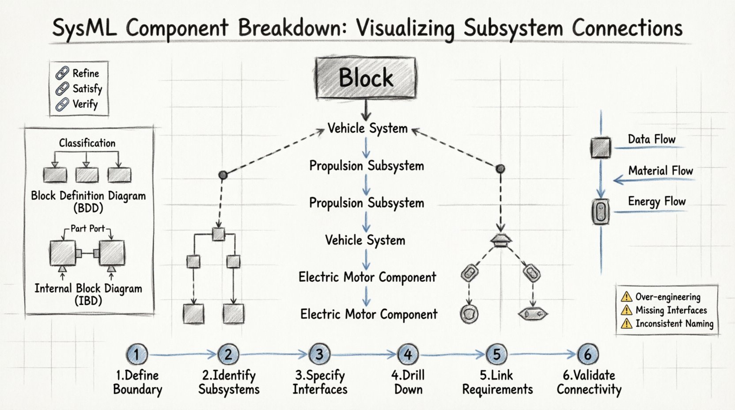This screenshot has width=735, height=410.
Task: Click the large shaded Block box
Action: tap(365, 78)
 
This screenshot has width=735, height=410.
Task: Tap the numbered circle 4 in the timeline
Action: tap(408, 354)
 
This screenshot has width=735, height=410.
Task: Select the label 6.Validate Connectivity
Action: tap(589, 382)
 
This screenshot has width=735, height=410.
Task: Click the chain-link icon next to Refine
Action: tap(62, 73)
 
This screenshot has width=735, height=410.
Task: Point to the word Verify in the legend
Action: tap(85, 104)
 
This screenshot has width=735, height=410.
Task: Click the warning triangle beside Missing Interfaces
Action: tap(626, 310)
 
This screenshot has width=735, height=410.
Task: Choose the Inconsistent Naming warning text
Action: tap(674, 323)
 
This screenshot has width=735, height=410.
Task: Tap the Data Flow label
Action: tap(652, 139)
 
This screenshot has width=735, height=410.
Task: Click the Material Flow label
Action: tap(660, 171)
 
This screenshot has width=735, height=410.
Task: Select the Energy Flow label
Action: tap(656, 201)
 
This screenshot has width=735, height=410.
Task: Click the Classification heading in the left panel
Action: tap(87, 143)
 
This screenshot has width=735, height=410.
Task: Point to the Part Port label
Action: tap(87, 228)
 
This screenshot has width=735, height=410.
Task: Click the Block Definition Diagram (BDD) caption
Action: tap(88, 201)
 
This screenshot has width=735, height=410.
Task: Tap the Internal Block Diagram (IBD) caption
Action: tap(88, 294)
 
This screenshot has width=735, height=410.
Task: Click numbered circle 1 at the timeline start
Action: tap(136, 354)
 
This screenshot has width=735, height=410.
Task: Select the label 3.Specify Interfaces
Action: tap(320, 382)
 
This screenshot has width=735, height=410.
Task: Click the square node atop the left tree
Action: tap(218, 234)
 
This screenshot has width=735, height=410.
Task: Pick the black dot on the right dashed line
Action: tap(500, 168)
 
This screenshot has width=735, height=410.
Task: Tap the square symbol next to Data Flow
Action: tap(601, 148)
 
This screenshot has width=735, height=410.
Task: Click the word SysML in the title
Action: tap(84, 28)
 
